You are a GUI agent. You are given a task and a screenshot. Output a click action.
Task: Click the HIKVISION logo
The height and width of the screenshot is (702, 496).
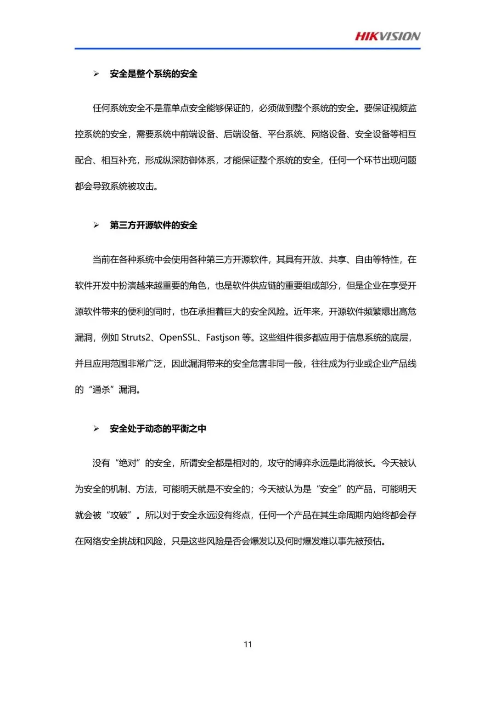(387, 36)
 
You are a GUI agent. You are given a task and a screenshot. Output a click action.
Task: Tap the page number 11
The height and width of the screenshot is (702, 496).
(248, 644)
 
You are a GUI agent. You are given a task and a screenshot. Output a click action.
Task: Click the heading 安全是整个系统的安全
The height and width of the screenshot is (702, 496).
(153, 74)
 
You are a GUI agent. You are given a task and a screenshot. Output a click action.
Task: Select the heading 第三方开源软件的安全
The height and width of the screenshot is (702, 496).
(153, 225)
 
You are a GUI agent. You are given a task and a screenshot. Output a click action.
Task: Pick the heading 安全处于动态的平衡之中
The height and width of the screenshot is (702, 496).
(158, 429)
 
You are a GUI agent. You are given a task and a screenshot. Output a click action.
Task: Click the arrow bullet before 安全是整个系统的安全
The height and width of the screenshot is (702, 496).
(96, 74)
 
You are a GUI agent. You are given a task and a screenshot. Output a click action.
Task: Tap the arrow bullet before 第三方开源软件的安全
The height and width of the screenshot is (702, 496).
(96, 225)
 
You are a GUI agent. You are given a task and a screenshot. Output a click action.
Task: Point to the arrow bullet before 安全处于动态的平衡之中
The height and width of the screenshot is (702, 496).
(96, 429)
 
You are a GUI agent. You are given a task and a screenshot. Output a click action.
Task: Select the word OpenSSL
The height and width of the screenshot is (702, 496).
(178, 338)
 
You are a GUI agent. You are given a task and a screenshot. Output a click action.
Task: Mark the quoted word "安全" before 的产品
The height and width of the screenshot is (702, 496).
(328, 489)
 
